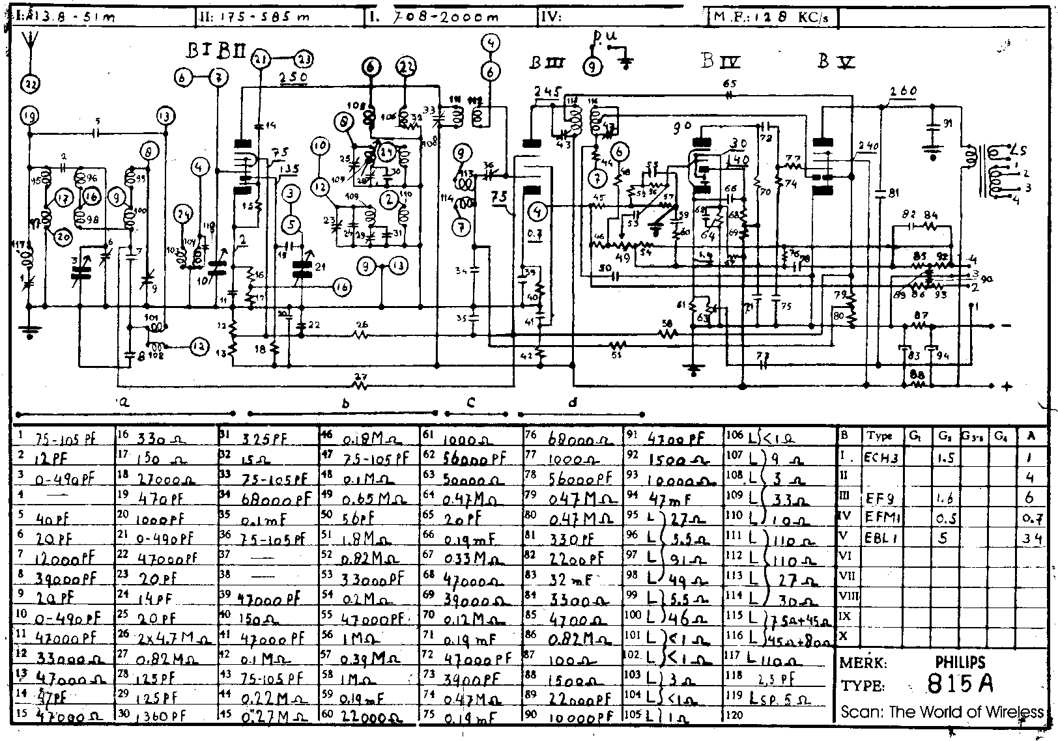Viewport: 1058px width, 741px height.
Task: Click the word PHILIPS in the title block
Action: tap(960, 662)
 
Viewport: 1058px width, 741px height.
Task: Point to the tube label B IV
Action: tap(720, 62)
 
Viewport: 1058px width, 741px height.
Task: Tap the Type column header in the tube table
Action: tap(880, 436)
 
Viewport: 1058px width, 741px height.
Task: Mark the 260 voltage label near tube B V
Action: tap(903, 92)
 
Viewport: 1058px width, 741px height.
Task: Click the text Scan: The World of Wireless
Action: tap(941, 712)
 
